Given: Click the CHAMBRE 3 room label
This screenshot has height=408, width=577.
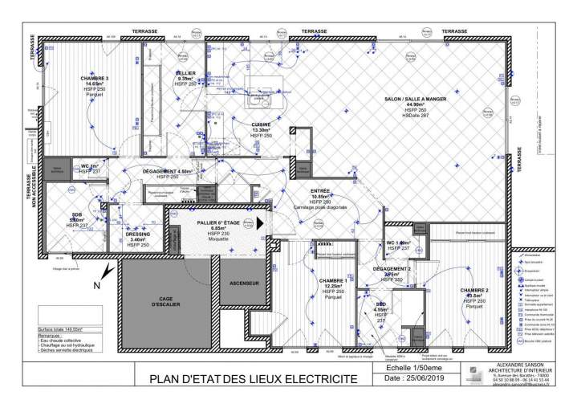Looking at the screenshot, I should [95, 78].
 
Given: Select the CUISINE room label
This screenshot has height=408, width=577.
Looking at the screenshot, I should [262, 126].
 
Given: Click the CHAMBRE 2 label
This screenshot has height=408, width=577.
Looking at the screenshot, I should [474, 291].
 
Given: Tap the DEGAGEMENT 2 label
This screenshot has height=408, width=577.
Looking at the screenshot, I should [392, 269].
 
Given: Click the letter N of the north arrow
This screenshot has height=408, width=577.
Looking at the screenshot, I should [96, 284].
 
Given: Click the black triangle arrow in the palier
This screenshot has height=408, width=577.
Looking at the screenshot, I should [262, 222].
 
